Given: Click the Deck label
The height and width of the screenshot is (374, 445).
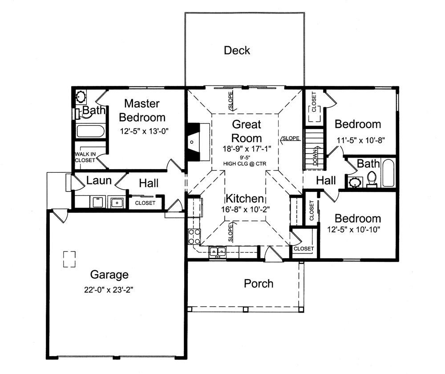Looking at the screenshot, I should (237, 50).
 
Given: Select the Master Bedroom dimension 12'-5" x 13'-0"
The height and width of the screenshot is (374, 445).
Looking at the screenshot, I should (145, 131).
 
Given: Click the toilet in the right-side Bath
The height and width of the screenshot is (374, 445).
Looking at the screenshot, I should (372, 179).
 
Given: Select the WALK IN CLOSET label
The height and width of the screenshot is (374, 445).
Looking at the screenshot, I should (85, 157).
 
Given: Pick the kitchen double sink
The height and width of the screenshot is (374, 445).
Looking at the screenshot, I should (218, 252).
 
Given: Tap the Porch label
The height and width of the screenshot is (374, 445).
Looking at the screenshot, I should (259, 283).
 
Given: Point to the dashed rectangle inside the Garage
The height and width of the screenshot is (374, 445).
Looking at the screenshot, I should (69, 259).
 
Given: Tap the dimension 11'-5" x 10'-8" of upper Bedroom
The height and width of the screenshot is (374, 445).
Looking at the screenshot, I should (360, 139).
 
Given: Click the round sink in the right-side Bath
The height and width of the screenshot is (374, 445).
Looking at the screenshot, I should (355, 182).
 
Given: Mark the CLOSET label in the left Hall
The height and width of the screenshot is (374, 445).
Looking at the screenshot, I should (145, 203).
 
